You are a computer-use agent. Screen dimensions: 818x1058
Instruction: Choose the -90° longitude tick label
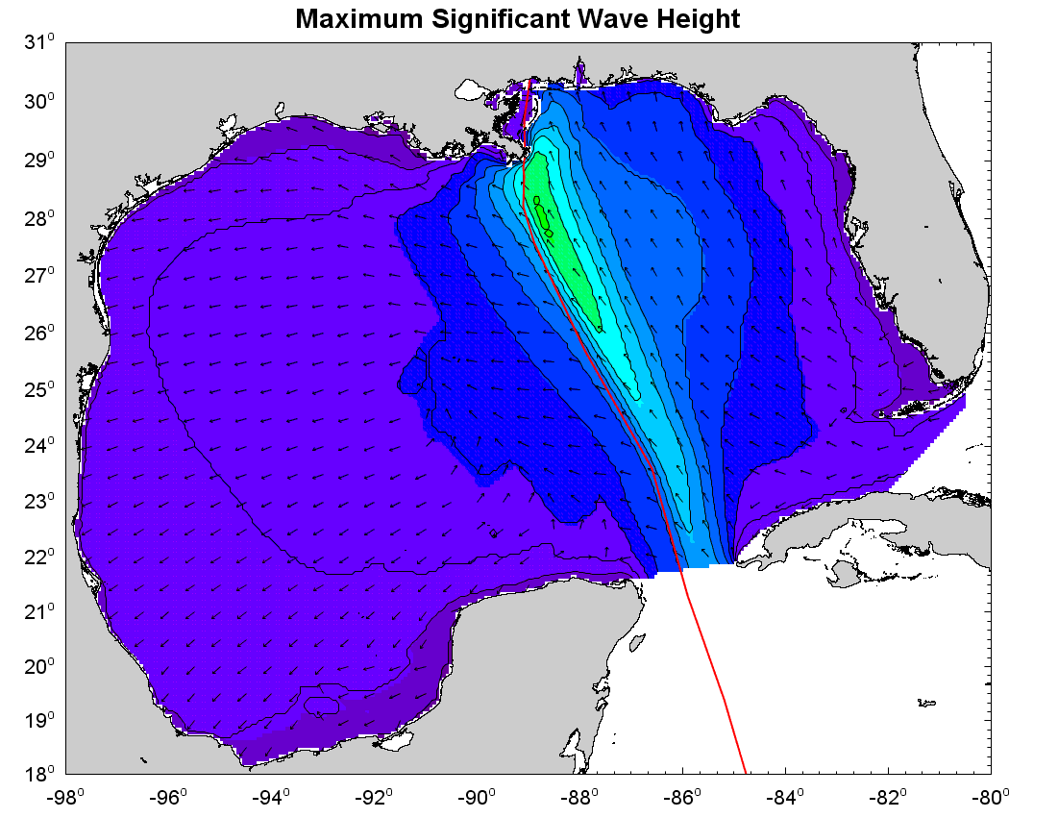(478, 798)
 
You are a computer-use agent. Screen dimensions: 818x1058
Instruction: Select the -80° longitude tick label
(991, 798)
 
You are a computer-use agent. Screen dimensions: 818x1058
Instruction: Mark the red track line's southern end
(747, 772)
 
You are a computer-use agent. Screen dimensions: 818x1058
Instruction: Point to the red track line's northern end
(529, 81)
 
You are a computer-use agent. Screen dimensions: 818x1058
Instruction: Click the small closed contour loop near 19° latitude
(321, 706)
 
